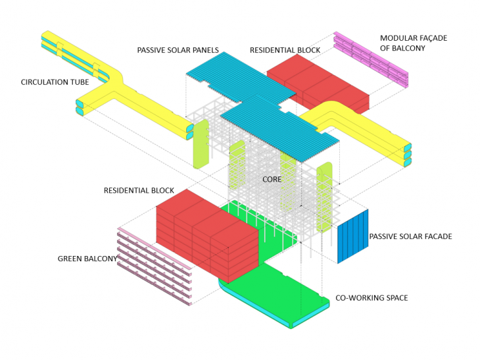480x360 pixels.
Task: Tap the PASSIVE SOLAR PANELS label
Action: tap(178, 51)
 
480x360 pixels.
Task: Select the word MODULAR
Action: tap(397, 38)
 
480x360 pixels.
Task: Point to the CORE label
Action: tap(272, 179)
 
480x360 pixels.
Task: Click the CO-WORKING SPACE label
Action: tap(372, 298)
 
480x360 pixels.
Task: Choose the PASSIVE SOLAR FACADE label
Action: tap(410, 236)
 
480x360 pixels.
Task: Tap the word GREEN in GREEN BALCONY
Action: tap(71, 259)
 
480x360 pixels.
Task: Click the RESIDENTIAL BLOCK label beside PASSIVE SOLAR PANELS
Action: tap(285, 51)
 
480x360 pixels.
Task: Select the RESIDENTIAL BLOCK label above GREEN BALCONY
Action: tap(139, 191)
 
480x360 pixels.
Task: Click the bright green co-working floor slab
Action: tap(283, 290)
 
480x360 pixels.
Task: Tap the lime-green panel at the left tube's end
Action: tap(201, 143)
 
